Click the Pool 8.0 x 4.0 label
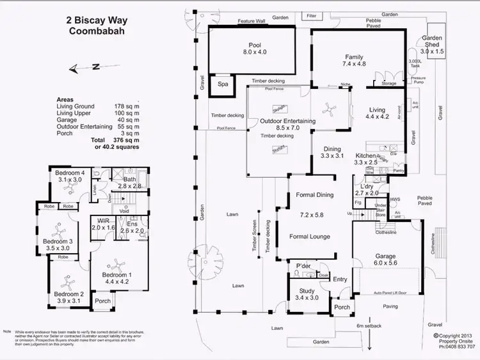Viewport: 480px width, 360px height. pos(255,49)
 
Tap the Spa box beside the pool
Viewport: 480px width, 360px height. pos(223,84)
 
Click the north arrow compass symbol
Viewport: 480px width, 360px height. pos(86,67)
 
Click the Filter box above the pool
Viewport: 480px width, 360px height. pos(312,15)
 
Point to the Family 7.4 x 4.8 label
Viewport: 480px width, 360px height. pos(354,60)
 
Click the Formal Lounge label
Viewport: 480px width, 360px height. pos(310,237)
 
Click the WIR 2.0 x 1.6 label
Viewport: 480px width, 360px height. pos(103,223)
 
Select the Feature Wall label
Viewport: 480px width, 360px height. pos(252,21)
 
